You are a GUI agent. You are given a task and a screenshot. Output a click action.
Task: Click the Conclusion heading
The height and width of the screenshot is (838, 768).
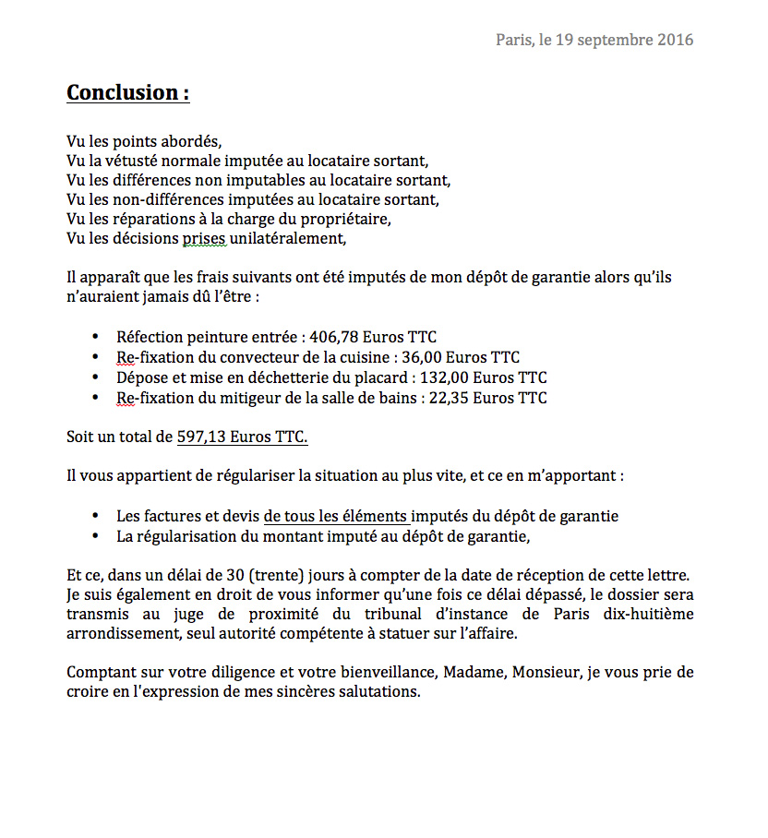point(127,92)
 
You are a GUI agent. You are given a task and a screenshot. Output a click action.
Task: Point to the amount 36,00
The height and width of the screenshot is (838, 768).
point(424,357)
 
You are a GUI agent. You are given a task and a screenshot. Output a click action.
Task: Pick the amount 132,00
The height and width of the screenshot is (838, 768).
point(447,377)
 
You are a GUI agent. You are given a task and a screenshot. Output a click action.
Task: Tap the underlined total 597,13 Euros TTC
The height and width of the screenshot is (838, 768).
point(242,437)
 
